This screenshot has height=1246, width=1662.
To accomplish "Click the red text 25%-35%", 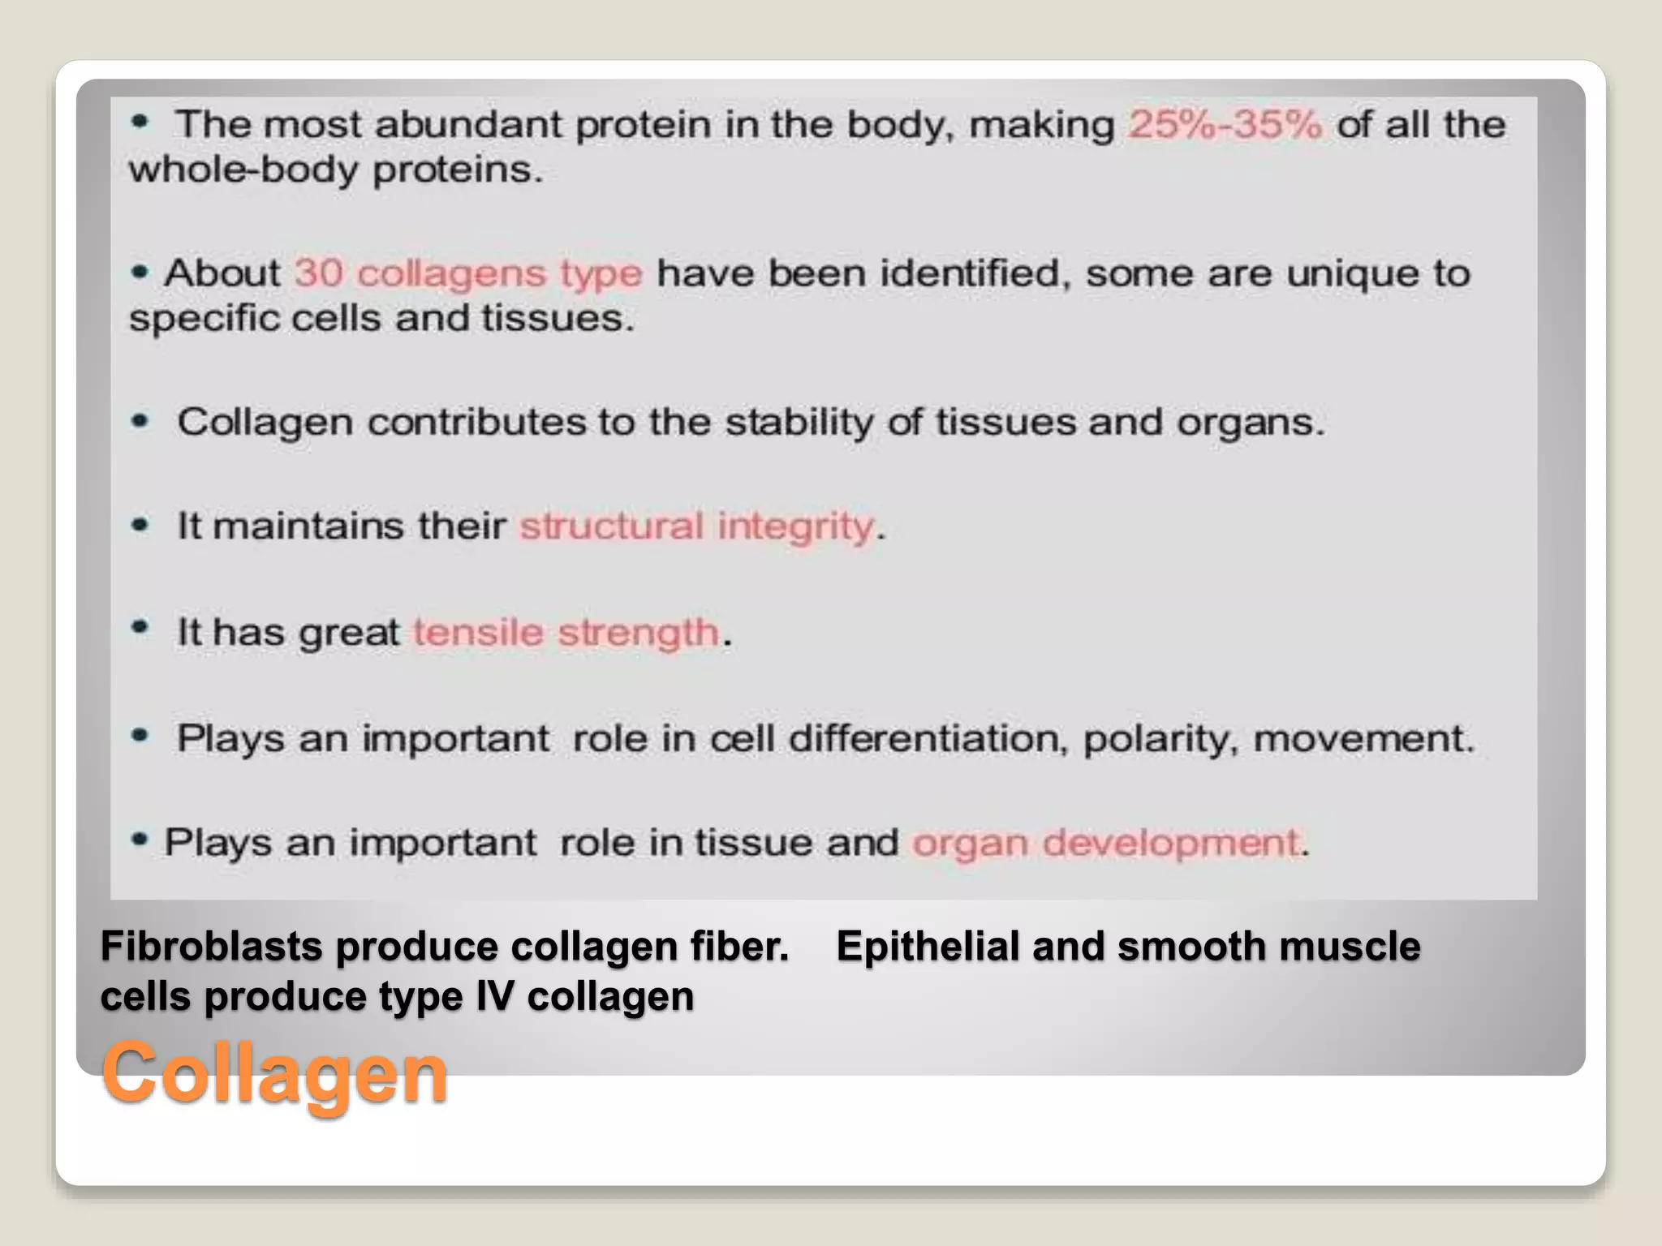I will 1225,125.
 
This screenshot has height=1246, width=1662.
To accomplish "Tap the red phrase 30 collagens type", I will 468,273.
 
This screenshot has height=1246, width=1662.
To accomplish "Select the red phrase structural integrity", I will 696,526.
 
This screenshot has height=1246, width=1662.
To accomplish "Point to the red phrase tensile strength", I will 566,633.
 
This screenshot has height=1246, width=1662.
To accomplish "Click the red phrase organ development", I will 1107,843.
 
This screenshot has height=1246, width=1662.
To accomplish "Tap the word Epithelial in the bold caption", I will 928,947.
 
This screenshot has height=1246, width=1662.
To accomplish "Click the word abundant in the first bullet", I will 468,125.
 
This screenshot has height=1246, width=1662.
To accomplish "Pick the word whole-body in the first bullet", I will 243,170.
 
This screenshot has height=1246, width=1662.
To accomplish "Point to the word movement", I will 1363,739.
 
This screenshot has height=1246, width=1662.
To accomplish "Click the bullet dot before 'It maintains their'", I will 140,525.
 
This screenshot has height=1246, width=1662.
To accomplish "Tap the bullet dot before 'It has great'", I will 140,627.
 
